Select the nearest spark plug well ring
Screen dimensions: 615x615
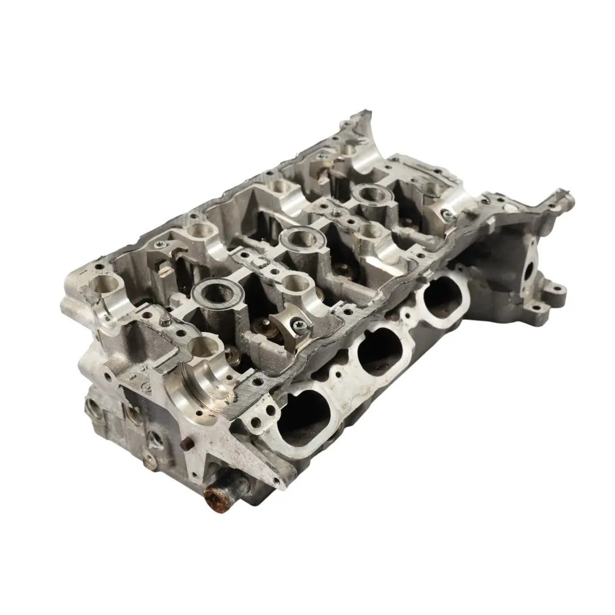218,295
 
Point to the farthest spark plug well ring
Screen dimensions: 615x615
372,195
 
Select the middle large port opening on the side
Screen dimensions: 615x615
379,352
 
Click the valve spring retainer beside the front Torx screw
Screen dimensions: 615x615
263,327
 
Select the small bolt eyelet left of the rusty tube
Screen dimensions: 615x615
149,459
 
